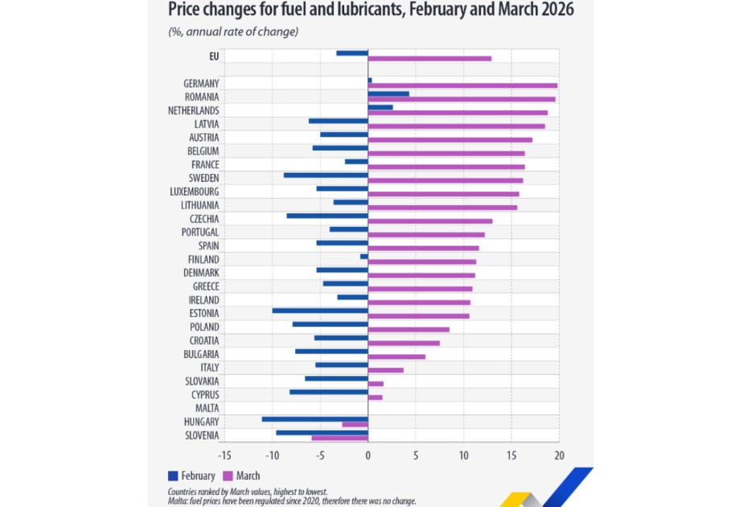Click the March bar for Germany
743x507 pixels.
pos(462,86)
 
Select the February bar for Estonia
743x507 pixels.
pos(320,311)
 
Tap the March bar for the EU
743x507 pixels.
pos(429,58)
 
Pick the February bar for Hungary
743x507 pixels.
pos(315,419)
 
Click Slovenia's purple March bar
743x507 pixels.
pos(340,438)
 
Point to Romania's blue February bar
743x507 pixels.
pos(388,94)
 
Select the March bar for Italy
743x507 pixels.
pos(386,370)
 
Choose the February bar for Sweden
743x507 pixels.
pos(326,175)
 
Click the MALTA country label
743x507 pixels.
pos(207,408)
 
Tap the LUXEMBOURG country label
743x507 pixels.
pos(195,192)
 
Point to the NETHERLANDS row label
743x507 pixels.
pos(193,110)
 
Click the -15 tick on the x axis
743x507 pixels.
pos(224,455)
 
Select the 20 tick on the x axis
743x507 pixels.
pos(559,455)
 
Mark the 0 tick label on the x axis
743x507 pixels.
pos(367,455)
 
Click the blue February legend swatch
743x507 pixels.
pos(173,476)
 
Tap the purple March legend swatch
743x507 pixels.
pos(228,476)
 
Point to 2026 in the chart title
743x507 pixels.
pos(556,9)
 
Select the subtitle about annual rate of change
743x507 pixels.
pos(233,31)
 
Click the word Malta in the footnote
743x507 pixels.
pos(177,501)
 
